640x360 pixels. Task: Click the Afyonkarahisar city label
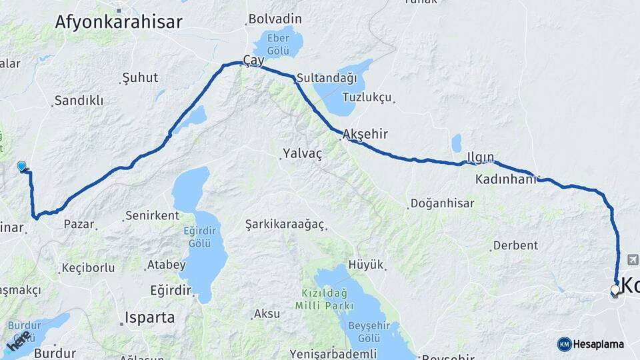point(118,22)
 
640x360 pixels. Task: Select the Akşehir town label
point(365,134)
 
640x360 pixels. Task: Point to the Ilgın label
point(480,157)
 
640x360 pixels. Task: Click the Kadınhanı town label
point(506,179)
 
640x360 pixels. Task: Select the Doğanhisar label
point(443,203)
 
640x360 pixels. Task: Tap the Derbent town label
point(516,245)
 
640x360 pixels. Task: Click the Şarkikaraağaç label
point(285,223)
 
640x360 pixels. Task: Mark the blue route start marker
point(22,166)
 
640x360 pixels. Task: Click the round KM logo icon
point(564,344)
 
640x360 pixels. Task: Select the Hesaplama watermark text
point(598,344)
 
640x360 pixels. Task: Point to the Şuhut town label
point(140,79)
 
